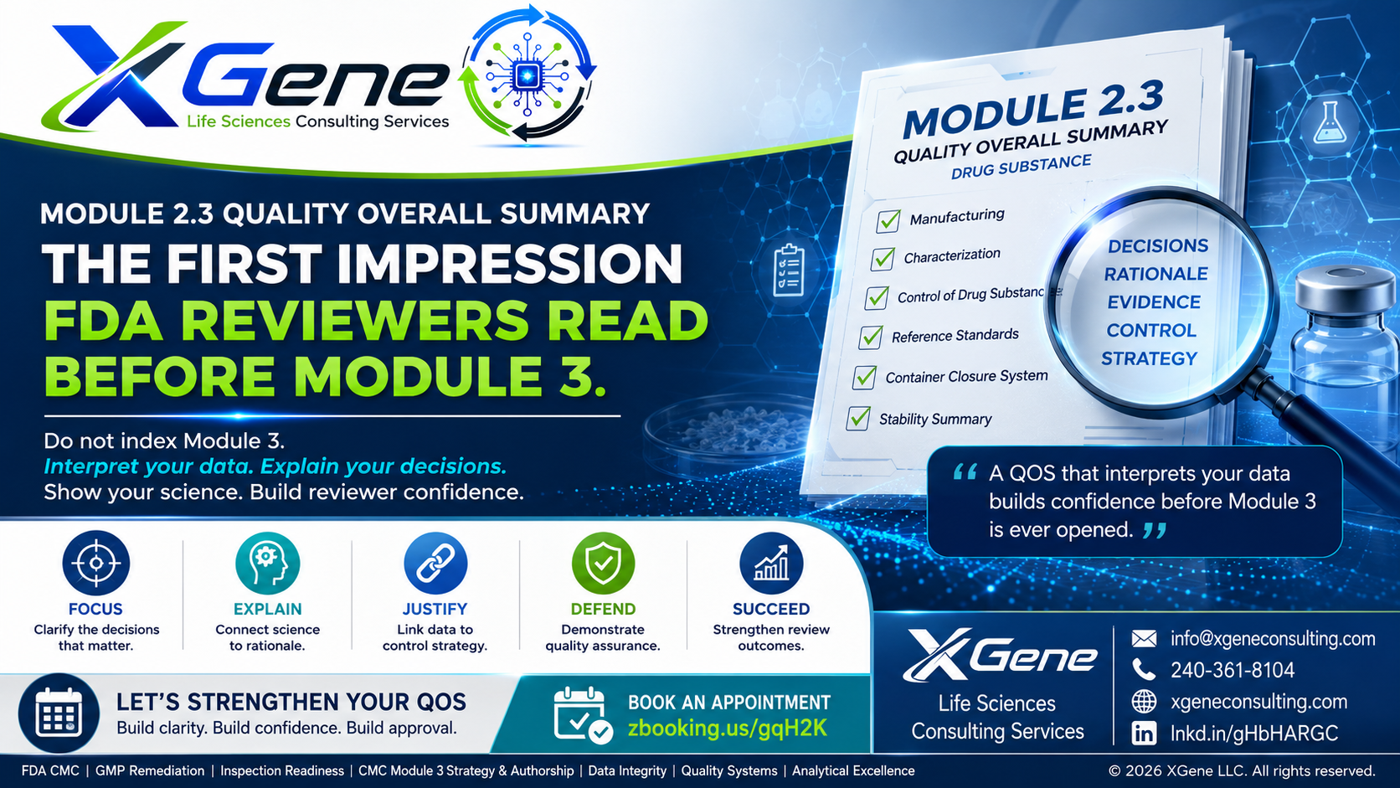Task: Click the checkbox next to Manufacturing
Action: [888, 221]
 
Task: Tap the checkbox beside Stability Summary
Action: [858, 418]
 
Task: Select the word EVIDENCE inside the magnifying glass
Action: [1154, 302]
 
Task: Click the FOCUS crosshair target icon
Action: [95, 563]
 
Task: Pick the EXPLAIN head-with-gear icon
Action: [267, 563]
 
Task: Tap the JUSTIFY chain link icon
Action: [435, 563]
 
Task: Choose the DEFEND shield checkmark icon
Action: [603, 563]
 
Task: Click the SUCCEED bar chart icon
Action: [771, 563]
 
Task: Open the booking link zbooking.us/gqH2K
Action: [728, 728]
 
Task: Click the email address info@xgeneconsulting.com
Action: [1273, 639]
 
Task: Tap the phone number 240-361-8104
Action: [1233, 671]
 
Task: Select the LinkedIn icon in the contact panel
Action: [1144, 733]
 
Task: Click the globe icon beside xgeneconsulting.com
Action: [1144, 702]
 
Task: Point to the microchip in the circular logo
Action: [527, 76]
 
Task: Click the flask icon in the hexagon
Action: [1329, 122]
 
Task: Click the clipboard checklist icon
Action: [788, 270]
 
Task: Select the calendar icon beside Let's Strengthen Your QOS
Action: [59, 713]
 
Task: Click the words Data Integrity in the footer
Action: [627, 771]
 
